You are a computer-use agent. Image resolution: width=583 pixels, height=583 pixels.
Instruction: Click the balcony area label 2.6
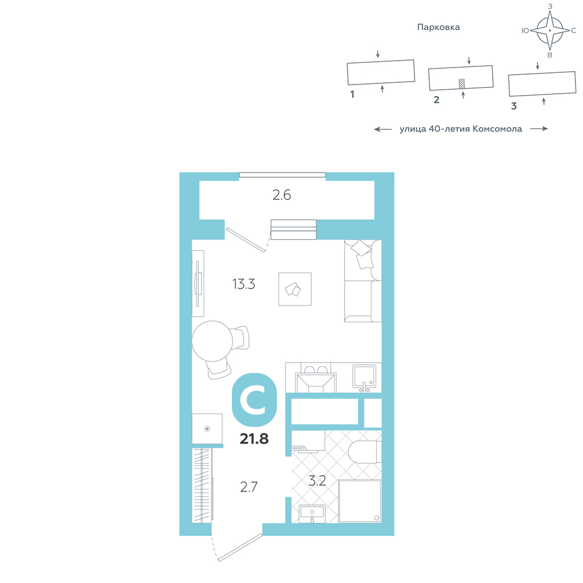pyautogui.click(x=282, y=195)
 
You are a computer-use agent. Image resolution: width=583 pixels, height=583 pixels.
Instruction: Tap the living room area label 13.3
pyautogui.click(x=244, y=284)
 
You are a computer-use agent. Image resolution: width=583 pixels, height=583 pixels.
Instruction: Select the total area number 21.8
pyautogui.click(x=254, y=439)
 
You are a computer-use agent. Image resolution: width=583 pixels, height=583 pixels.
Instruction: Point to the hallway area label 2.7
pyautogui.click(x=249, y=487)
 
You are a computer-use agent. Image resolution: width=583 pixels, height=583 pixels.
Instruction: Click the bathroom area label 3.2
pyautogui.click(x=317, y=481)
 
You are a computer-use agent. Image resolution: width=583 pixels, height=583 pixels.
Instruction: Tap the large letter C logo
pyautogui.click(x=254, y=400)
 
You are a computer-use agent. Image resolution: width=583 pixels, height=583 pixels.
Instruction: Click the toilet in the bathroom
pyautogui.click(x=365, y=452)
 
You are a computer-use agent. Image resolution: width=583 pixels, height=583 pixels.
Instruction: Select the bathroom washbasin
pyautogui.click(x=312, y=514)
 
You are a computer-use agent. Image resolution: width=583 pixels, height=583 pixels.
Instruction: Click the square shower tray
pyautogui.click(x=360, y=501)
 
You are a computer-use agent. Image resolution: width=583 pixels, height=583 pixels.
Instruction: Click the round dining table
pyautogui.click(x=212, y=341)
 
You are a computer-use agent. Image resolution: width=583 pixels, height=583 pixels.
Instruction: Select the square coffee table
pyautogui.click(x=295, y=289)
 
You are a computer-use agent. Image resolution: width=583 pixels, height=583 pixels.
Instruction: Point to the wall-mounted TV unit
pyautogui.click(x=198, y=284)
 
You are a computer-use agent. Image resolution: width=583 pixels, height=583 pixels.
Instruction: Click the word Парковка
pyautogui.click(x=438, y=27)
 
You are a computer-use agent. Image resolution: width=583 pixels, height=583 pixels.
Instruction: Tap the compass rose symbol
pyautogui.click(x=550, y=30)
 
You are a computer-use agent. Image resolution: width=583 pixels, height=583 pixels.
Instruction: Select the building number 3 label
pyautogui.click(x=514, y=106)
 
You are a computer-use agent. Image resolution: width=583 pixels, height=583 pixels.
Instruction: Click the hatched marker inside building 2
pyautogui.click(x=462, y=83)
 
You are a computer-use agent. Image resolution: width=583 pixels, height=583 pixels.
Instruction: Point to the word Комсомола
pyautogui.click(x=497, y=129)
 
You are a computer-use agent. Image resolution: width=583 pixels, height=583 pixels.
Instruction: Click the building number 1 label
pyautogui.click(x=352, y=94)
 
